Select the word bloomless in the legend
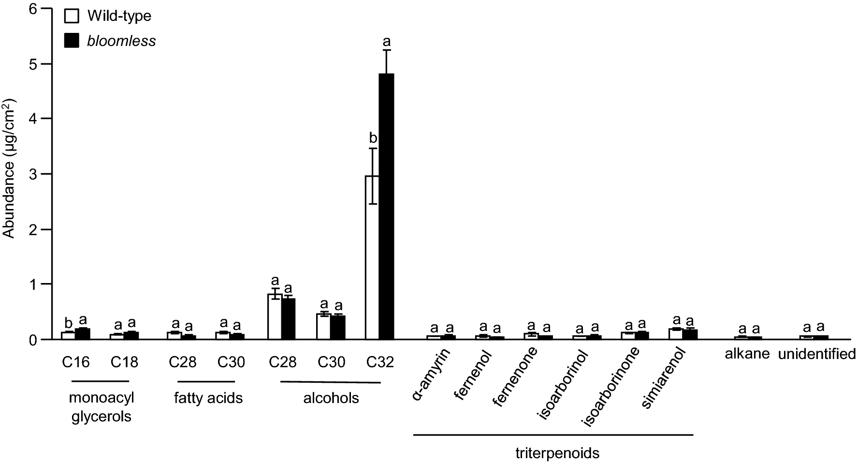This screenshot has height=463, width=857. click(121, 41)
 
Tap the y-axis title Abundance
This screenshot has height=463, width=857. click(9, 169)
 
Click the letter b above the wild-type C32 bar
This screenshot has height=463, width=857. click(373, 139)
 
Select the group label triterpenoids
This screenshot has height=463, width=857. click(557, 453)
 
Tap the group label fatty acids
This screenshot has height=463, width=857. click(208, 398)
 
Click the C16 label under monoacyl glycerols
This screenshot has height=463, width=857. click(76, 362)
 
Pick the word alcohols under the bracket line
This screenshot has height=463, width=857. click(331, 398)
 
